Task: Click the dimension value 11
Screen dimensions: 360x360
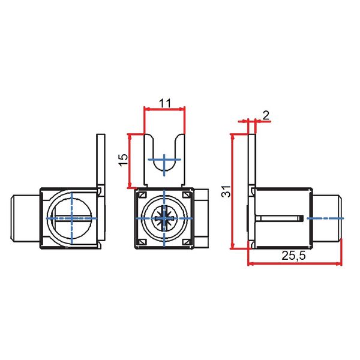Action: coord(165,102)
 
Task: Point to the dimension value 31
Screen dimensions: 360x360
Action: coord(224,192)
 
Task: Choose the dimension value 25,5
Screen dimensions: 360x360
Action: coord(294,255)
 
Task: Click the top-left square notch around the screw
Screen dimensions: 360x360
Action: coord(142,196)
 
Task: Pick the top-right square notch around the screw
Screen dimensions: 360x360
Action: coord(187,196)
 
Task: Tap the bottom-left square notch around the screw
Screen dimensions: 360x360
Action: coord(142,242)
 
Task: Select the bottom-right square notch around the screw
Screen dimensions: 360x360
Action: coord(187,242)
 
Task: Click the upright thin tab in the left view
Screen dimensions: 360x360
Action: coord(101,159)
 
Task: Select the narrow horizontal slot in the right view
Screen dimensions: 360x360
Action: coord(279,217)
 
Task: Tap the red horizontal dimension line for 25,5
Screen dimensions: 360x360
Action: coord(294,263)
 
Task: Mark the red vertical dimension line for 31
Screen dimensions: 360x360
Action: coord(232,192)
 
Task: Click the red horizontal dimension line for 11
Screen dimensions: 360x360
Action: coord(164,109)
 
